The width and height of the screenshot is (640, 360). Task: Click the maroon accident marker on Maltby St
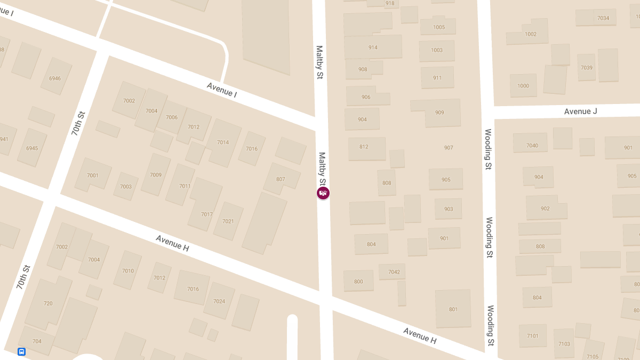[x=323, y=193]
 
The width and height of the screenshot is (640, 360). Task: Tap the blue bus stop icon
[x=21, y=351]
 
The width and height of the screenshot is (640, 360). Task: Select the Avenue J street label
[x=580, y=111]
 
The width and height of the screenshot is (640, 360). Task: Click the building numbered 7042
[x=394, y=272]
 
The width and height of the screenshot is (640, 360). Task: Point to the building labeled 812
[x=364, y=147]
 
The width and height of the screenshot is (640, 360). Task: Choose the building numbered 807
[x=281, y=179]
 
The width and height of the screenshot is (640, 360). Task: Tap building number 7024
[x=219, y=301]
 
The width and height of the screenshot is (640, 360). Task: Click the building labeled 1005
[x=438, y=27]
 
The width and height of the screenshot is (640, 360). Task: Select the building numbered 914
[x=373, y=47]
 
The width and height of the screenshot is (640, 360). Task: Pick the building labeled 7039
[x=587, y=68]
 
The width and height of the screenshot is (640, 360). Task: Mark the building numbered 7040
[x=532, y=145]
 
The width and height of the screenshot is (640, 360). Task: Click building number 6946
[x=55, y=78]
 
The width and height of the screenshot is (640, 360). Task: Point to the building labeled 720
[x=48, y=303]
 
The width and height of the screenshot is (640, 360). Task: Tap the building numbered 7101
[x=532, y=336]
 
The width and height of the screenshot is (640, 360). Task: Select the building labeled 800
[x=358, y=282]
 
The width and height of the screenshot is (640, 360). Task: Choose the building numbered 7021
[x=228, y=221]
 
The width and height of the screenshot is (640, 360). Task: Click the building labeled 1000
[x=523, y=86]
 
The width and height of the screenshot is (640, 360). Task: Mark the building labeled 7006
[x=172, y=117]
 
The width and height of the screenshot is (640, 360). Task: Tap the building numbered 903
[x=449, y=209]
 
